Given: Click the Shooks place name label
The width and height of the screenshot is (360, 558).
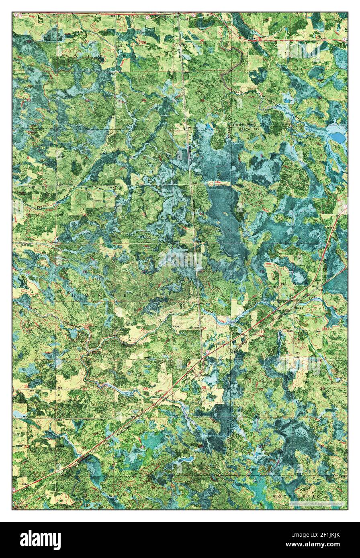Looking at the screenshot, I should point(185,18).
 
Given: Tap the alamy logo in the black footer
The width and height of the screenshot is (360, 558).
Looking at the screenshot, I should point(40,540).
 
